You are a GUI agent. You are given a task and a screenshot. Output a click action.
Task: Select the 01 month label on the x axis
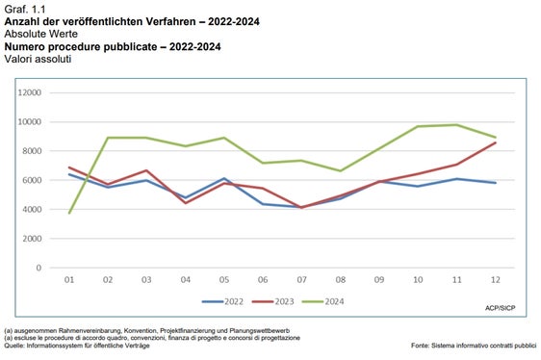tap(69, 281)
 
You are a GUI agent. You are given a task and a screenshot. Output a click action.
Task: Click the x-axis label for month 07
tap(300, 281)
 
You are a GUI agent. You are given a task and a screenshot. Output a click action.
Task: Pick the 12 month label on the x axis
tap(495, 281)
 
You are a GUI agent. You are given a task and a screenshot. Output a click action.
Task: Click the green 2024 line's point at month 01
tap(69, 213)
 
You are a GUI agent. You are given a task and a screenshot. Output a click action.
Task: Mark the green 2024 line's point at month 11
tap(456, 124)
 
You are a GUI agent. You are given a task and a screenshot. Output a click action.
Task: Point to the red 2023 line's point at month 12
tap(495, 142)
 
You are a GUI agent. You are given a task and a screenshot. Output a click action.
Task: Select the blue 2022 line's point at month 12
tap(495, 183)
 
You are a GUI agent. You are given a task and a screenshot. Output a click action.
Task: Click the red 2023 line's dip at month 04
tap(185, 203)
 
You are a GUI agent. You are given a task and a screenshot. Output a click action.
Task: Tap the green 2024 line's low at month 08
tap(340, 170)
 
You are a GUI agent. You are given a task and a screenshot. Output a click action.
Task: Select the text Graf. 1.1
tap(24, 8)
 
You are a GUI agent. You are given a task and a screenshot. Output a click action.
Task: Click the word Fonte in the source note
tap(422, 345)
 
